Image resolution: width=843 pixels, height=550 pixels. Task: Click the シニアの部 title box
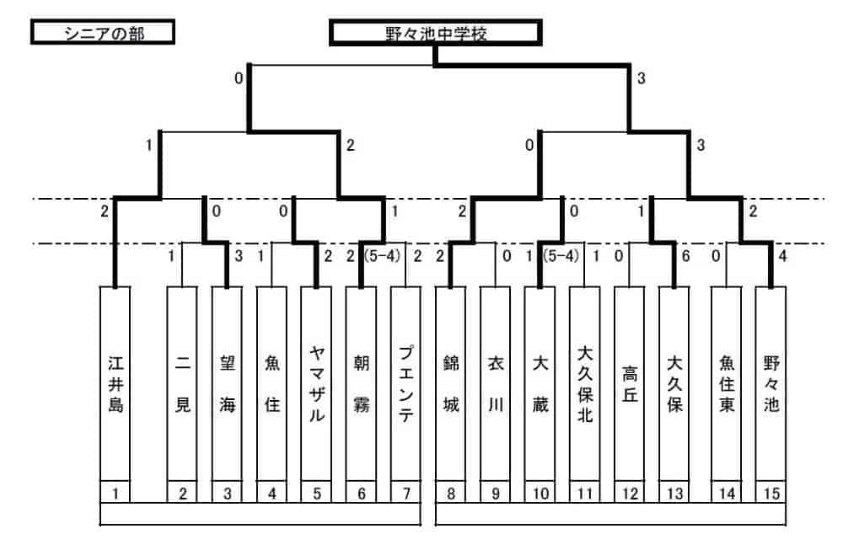click(102, 33)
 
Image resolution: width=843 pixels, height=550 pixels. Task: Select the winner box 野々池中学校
click(433, 34)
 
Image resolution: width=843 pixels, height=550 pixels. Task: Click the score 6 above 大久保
click(685, 256)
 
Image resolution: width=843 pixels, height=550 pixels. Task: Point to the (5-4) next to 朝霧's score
click(382, 256)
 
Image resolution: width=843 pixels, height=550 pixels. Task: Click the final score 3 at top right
click(642, 78)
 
